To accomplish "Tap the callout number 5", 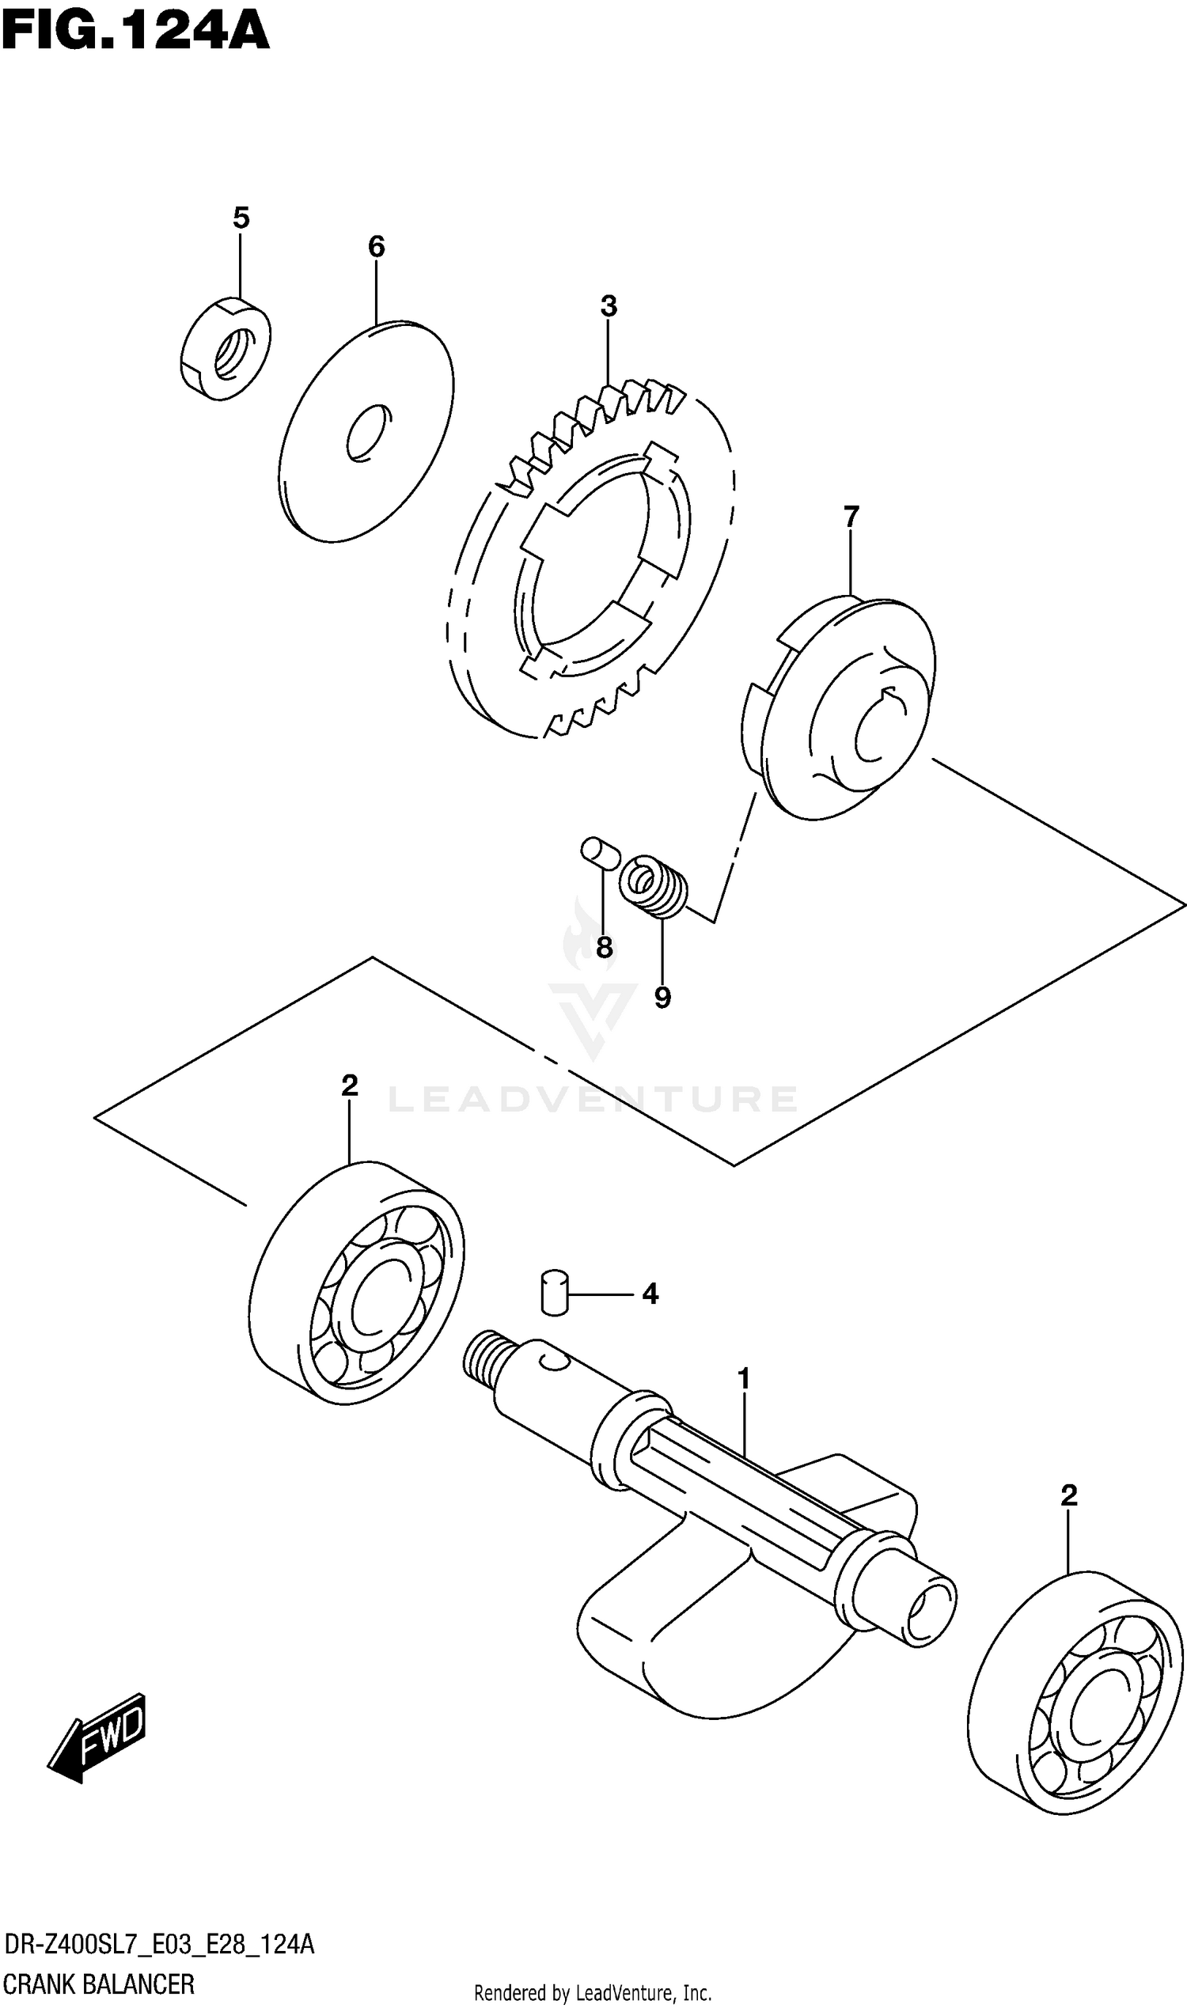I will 241,218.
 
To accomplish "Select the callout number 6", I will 376,246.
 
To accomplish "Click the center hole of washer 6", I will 369,433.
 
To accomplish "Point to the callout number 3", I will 609,305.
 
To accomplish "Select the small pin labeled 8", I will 599,851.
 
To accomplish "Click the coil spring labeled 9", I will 654,885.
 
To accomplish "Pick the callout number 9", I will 662,997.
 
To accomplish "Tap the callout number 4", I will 650,1293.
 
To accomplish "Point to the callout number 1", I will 744,1379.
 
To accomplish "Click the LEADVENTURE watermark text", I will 593,1100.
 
